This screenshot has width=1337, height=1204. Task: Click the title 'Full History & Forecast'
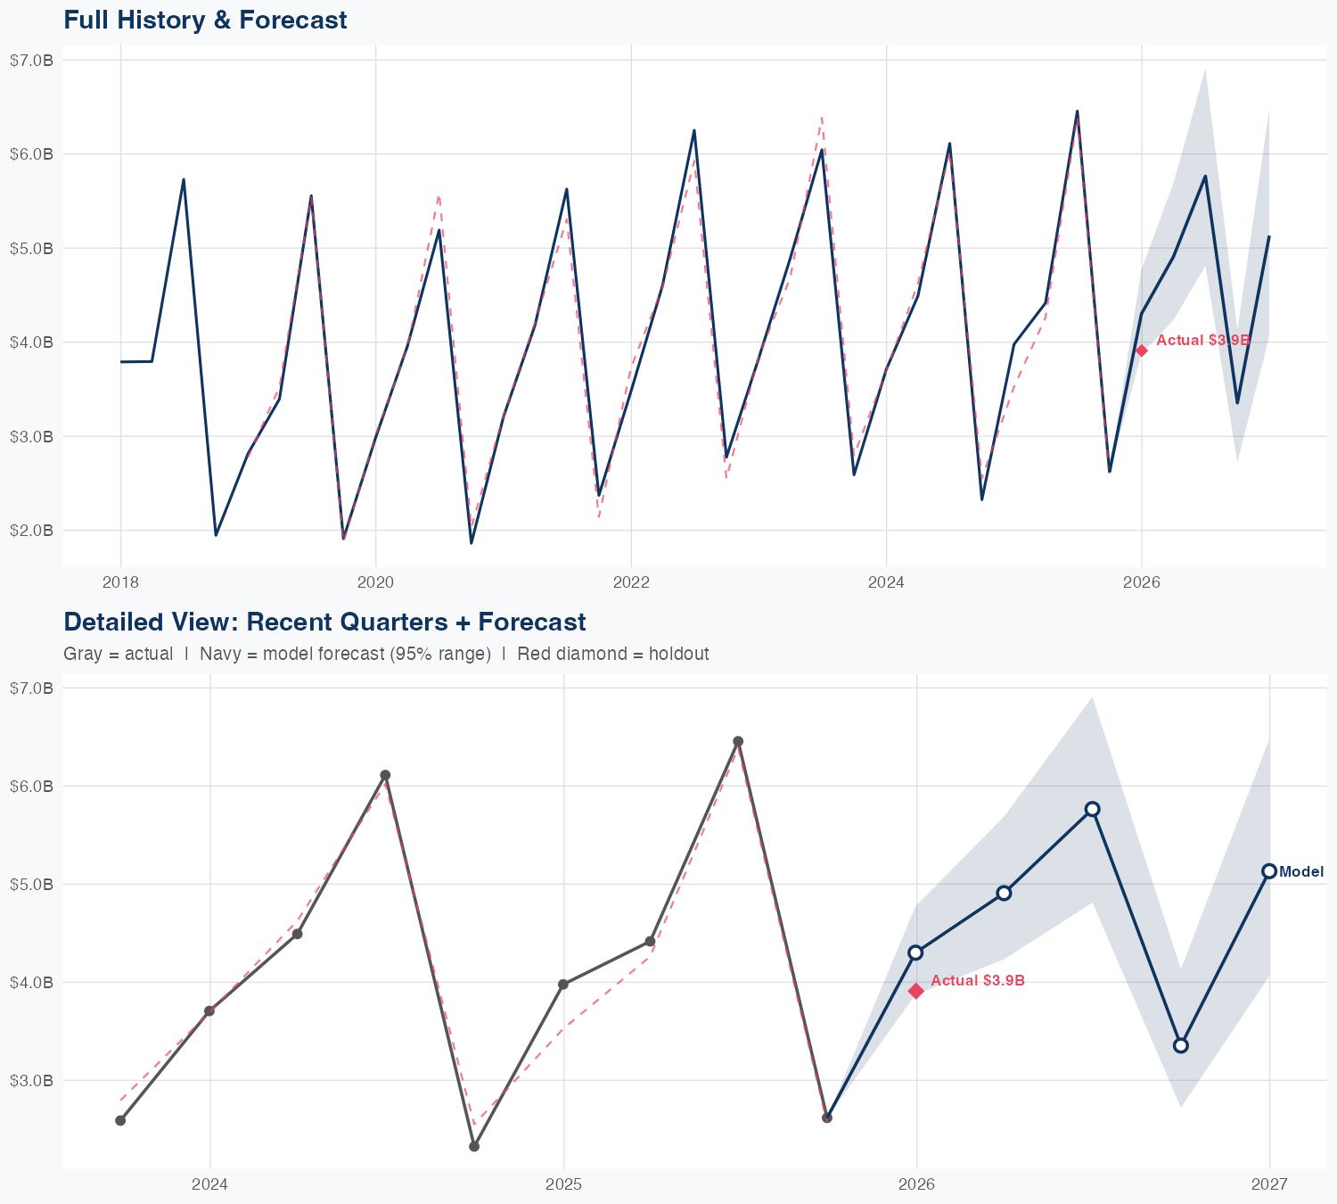(205, 20)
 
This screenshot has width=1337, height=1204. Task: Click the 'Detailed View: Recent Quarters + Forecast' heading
(324, 622)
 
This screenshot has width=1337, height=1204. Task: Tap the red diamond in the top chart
(1142, 350)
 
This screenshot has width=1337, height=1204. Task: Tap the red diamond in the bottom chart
(915, 991)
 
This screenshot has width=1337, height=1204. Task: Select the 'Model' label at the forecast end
(1301, 872)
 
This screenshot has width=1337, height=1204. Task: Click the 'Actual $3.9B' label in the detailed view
(978, 981)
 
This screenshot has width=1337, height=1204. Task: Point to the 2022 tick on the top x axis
(631, 583)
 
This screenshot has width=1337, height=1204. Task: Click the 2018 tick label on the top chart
(120, 583)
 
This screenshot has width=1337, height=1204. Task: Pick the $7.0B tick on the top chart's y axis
(31, 60)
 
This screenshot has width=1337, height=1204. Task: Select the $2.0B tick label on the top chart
(31, 531)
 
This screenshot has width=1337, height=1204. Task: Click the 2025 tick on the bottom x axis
(563, 1184)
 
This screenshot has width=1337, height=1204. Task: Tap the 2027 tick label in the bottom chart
(1269, 1184)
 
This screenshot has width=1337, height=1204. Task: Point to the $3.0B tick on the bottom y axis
(31, 1081)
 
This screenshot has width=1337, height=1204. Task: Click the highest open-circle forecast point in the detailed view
(1093, 809)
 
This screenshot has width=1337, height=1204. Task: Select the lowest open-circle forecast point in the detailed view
(1181, 1045)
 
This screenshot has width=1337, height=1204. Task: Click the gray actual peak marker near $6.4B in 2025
(738, 741)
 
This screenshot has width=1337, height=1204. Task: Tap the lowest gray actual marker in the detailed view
(474, 1146)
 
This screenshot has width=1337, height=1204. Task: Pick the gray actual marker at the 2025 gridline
(563, 985)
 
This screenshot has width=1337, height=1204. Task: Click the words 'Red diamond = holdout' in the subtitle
(613, 654)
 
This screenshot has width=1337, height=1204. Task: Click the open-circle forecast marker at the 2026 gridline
(915, 952)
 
